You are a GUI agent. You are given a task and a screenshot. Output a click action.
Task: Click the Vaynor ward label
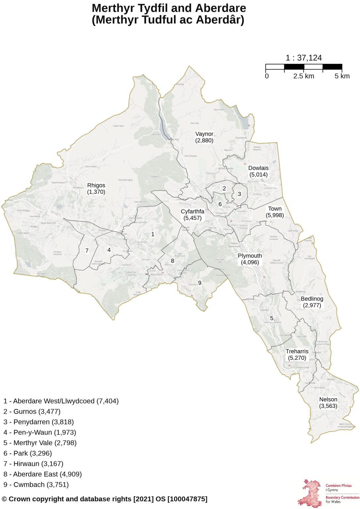[x=204, y=137]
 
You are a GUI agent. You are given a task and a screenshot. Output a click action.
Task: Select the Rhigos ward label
[x=96, y=189]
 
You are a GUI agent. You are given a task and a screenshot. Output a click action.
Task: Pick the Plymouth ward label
[x=250, y=259]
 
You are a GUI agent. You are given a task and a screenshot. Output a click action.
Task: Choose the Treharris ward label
[x=297, y=355]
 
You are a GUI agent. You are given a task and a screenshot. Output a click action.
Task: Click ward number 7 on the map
[x=87, y=251]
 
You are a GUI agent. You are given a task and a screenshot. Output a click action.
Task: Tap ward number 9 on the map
[x=200, y=283]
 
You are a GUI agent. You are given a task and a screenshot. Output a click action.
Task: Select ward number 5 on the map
[x=271, y=318]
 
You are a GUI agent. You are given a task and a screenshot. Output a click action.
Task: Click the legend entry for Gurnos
[x=32, y=412]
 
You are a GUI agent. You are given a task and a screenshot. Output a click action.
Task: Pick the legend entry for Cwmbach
[x=36, y=484]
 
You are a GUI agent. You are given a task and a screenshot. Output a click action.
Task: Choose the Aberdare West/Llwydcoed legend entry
[x=61, y=401]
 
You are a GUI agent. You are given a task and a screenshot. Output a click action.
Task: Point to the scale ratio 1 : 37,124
[x=304, y=58]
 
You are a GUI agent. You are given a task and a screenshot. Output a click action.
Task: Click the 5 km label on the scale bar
[x=342, y=76]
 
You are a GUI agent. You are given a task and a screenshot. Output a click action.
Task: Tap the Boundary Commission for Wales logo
[x=328, y=493]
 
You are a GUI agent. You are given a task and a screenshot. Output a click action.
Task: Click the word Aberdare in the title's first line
[x=221, y=8]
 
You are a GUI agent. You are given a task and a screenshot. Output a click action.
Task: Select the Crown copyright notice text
[x=105, y=499]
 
